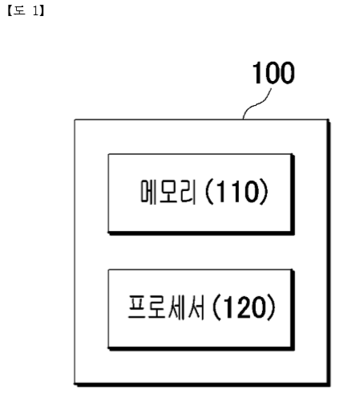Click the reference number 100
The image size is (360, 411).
click(x=273, y=72)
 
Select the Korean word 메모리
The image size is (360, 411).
click(x=168, y=191)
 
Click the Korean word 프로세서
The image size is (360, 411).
click(x=166, y=307)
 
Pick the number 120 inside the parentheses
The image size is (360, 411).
click(x=243, y=307)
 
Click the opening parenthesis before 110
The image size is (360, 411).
click(x=209, y=192)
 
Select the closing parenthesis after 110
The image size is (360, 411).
click(x=264, y=192)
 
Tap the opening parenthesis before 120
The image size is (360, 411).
click(x=216, y=307)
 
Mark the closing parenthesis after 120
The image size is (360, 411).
click(x=271, y=307)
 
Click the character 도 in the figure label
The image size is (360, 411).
click(x=19, y=11)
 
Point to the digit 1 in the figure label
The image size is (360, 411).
click(x=36, y=11)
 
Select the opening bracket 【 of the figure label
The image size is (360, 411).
click(x=10, y=11)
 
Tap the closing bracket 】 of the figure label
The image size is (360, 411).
click(x=42, y=11)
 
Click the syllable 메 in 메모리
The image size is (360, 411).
click(x=148, y=191)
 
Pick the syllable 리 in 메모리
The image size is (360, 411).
click(x=188, y=191)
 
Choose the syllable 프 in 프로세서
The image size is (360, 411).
click(x=136, y=307)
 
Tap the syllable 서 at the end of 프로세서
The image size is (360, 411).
click(x=196, y=307)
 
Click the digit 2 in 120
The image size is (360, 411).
click(x=243, y=307)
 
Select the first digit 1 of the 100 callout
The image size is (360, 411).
click(x=257, y=72)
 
